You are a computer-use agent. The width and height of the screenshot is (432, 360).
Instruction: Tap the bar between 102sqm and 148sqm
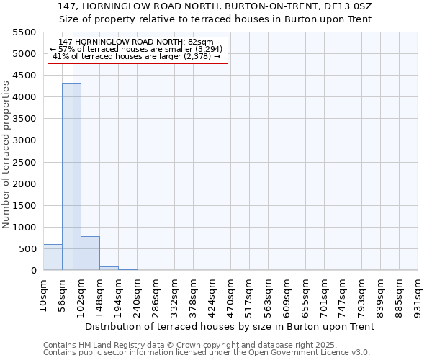(x=90, y=253)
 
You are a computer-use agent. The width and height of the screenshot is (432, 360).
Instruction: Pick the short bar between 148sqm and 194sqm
(x=109, y=268)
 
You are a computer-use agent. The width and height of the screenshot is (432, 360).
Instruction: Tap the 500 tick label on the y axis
(x=27, y=249)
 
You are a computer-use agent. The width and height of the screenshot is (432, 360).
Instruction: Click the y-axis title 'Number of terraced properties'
(x=6, y=155)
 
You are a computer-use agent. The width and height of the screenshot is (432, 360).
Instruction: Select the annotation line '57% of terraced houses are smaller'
(x=137, y=49)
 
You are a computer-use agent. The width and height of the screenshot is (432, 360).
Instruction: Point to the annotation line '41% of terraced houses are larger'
(x=137, y=56)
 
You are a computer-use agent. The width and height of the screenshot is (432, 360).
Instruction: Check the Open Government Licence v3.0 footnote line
(x=207, y=353)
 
